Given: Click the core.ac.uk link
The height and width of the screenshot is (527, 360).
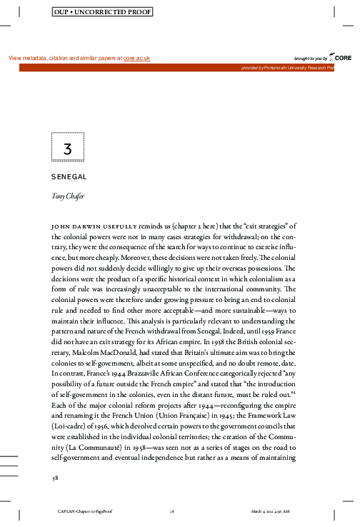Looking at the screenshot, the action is point(136,58).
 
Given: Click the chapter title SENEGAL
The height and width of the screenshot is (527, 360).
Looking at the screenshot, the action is point(69,176).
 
